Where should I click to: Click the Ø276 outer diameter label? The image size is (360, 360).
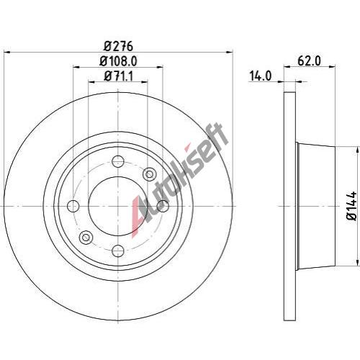click(118, 46)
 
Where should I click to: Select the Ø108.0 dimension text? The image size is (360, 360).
click(118, 61)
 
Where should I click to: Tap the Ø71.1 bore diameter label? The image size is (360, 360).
click(118, 76)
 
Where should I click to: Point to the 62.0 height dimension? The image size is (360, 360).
click(309, 61)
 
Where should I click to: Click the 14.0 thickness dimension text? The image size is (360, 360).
click(261, 76)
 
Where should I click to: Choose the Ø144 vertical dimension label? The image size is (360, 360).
click(351, 206)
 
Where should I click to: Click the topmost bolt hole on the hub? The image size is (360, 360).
click(118, 161)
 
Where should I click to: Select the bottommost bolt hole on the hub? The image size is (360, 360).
click(118, 251)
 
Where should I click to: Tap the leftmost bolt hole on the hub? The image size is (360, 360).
click(73, 206)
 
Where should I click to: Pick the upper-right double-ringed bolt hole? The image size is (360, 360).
click(149, 174)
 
